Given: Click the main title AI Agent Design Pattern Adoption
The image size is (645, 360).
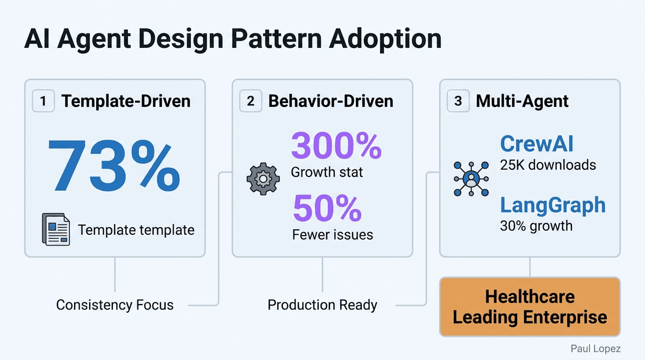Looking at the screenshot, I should click(x=233, y=40).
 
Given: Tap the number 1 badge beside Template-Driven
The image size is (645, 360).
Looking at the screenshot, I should click(x=44, y=101).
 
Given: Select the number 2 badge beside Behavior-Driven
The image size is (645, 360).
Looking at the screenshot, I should click(x=251, y=101).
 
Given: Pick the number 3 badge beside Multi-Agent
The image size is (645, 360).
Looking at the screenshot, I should click(x=458, y=101).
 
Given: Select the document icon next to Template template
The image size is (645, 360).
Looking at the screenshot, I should click(x=56, y=229).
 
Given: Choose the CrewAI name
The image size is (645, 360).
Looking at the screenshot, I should click(x=537, y=144).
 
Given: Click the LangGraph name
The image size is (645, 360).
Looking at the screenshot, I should click(x=553, y=205).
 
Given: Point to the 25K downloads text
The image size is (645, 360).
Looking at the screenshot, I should click(x=548, y=164).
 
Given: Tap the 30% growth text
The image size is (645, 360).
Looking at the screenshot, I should click(x=536, y=225).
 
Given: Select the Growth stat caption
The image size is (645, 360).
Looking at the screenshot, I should click(x=327, y=172).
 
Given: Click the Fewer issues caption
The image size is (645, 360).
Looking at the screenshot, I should click(x=332, y=235).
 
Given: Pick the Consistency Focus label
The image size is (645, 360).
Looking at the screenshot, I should click(x=114, y=305).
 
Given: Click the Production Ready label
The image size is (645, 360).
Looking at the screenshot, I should click(x=322, y=305).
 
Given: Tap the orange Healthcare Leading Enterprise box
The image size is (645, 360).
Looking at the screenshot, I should click(x=529, y=307).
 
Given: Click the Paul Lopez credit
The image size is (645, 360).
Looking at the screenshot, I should click(x=596, y=349).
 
